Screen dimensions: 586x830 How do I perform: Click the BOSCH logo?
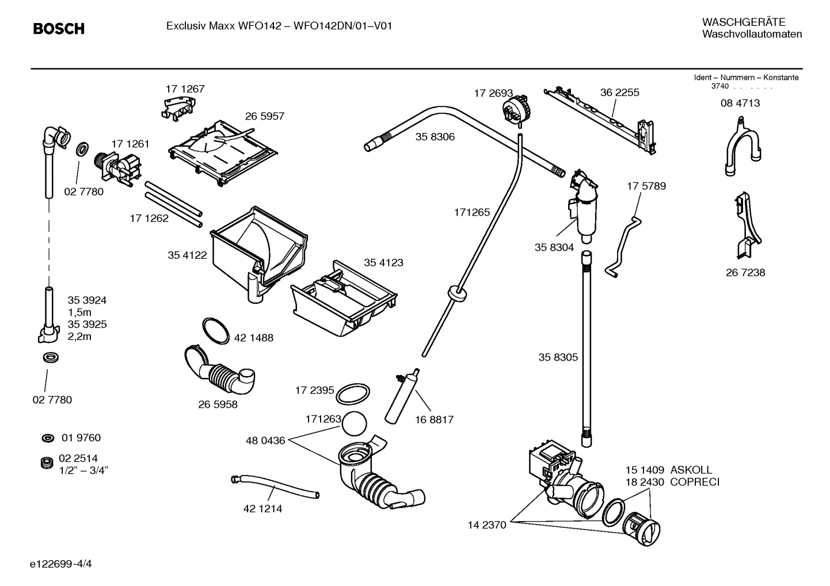(58, 28)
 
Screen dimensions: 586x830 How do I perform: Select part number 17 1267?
(185, 89)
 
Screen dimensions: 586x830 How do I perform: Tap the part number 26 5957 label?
(265, 116)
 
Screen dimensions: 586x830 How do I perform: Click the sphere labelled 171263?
(353, 426)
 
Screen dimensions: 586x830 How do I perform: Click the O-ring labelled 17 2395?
(352, 395)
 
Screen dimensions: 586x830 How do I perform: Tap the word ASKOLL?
(691, 470)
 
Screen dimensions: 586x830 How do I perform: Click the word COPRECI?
(695, 482)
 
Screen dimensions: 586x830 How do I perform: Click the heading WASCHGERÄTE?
(743, 22)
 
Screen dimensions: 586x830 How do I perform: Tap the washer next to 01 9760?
(48, 439)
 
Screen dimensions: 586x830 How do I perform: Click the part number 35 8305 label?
(558, 357)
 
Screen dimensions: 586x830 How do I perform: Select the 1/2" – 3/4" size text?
(88, 470)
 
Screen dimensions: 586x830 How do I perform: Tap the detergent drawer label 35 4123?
(383, 263)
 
